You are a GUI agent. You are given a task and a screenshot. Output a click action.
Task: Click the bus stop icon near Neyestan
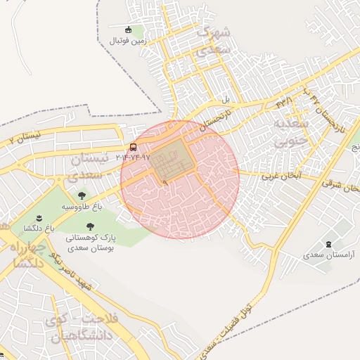coord(134,147)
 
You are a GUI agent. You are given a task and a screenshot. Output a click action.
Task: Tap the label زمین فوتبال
coord(127,41)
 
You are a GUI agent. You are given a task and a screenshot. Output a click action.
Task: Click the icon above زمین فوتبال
coord(128,30)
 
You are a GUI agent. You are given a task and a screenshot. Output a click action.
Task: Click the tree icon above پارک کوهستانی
coord(90,226)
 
